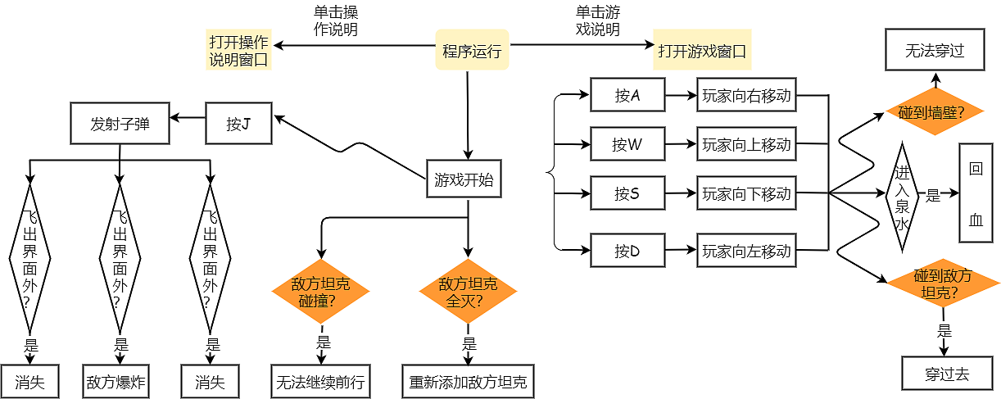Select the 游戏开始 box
click(x=464, y=179)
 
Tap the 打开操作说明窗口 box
click(x=238, y=51)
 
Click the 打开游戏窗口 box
click(x=702, y=51)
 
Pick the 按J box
click(x=238, y=124)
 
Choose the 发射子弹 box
click(x=120, y=124)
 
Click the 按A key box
click(x=627, y=96)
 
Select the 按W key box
click(x=627, y=145)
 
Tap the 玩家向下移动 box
click(x=746, y=194)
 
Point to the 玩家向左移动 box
click(x=746, y=252)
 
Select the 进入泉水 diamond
click(x=902, y=196)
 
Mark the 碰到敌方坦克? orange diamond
click(x=943, y=283)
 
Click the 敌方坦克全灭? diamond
click(x=468, y=292)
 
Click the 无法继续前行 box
click(x=320, y=382)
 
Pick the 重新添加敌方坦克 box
click(x=468, y=382)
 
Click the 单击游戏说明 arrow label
click(x=597, y=21)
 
